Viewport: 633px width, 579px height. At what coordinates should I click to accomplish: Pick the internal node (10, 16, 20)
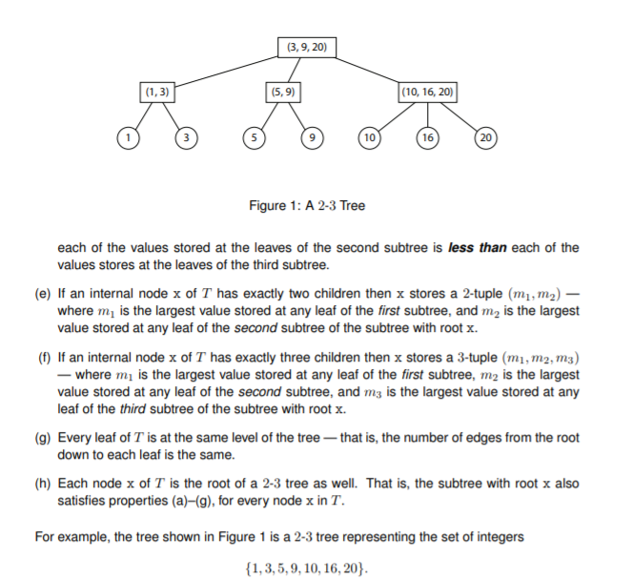click(428, 93)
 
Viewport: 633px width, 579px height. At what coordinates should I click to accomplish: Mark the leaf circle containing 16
click(428, 137)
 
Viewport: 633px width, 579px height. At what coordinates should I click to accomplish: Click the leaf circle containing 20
click(487, 137)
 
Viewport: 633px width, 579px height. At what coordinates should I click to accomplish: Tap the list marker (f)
click(42, 359)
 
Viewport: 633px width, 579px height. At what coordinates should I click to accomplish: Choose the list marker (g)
click(42, 439)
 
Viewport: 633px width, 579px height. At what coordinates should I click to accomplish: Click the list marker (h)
click(42, 483)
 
